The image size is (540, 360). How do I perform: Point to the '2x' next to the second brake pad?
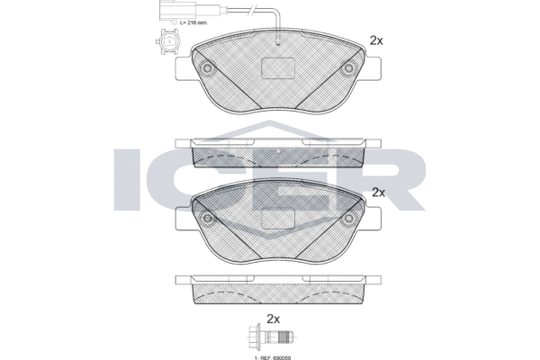[x=378, y=192]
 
